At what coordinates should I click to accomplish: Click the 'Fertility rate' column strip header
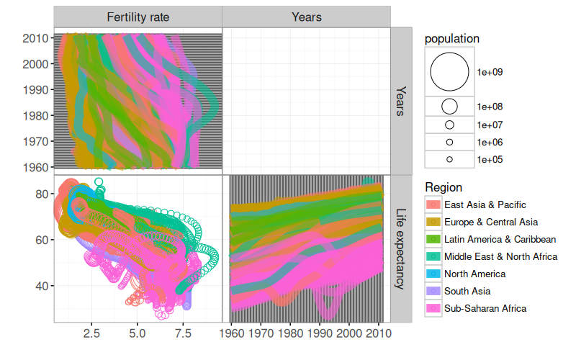point(138,17)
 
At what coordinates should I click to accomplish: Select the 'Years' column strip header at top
point(306,17)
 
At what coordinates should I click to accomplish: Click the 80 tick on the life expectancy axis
point(41,194)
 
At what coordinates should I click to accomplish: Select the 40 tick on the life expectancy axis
point(41,286)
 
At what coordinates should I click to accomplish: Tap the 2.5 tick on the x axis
point(91,334)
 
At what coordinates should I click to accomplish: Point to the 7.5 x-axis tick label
point(183,334)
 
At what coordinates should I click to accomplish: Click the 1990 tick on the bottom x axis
point(320,334)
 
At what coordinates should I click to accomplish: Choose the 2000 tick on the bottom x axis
point(349,334)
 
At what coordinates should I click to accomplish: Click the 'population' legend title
point(452,38)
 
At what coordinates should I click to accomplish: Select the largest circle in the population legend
point(449,72)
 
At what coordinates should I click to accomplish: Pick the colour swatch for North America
point(433,274)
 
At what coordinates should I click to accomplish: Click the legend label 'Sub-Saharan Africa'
point(485,308)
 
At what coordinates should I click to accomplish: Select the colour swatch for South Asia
point(433,291)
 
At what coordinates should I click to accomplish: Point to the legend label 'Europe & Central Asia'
point(491,222)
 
